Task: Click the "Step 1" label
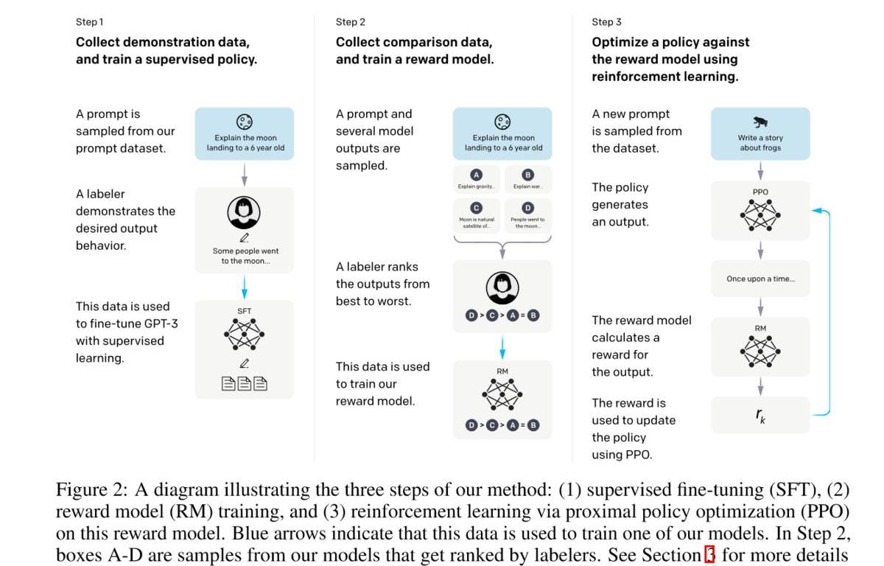pyautogui.click(x=90, y=22)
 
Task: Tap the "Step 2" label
pyautogui.click(x=351, y=22)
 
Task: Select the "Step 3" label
pyautogui.click(x=606, y=22)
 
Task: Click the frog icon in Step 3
pyautogui.click(x=760, y=122)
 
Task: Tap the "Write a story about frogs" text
pyautogui.click(x=760, y=143)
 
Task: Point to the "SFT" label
pyautogui.click(x=245, y=311)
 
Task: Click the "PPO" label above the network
pyautogui.click(x=760, y=192)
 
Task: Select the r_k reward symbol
pyautogui.click(x=760, y=415)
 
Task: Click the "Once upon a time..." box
pyautogui.click(x=760, y=279)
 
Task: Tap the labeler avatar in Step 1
pyautogui.click(x=244, y=213)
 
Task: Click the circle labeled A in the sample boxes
pyautogui.click(x=477, y=175)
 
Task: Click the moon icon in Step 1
pyautogui.click(x=244, y=122)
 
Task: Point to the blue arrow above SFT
pyautogui.click(x=245, y=286)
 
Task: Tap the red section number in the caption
pyautogui.click(x=710, y=555)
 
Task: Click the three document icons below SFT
pyautogui.click(x=245, y=383)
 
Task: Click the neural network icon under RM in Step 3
pyautogui.click(x=760, y=352)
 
